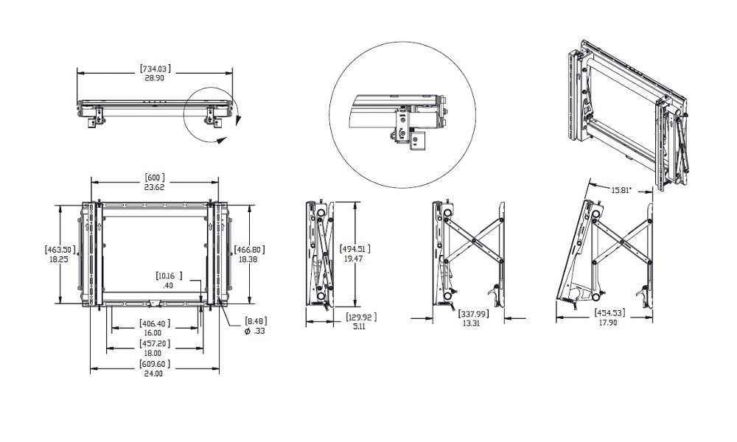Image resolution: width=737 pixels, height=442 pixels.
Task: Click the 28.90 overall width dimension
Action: click(155, 77)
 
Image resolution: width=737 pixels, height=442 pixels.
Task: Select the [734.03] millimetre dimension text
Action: click(155, 69)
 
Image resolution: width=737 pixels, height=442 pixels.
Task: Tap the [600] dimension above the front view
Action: click(153, 178)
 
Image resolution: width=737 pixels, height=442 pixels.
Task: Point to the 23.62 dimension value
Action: click(153, 187)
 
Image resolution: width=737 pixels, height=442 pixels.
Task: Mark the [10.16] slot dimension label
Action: click(169, 276)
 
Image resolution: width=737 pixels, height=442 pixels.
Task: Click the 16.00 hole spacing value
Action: click(153, 333)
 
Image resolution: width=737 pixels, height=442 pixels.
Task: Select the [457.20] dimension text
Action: click(153, 344)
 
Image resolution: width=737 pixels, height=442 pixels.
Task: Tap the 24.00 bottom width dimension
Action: click(153, 373)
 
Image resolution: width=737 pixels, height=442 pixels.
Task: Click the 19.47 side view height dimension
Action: click(354, 259)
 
